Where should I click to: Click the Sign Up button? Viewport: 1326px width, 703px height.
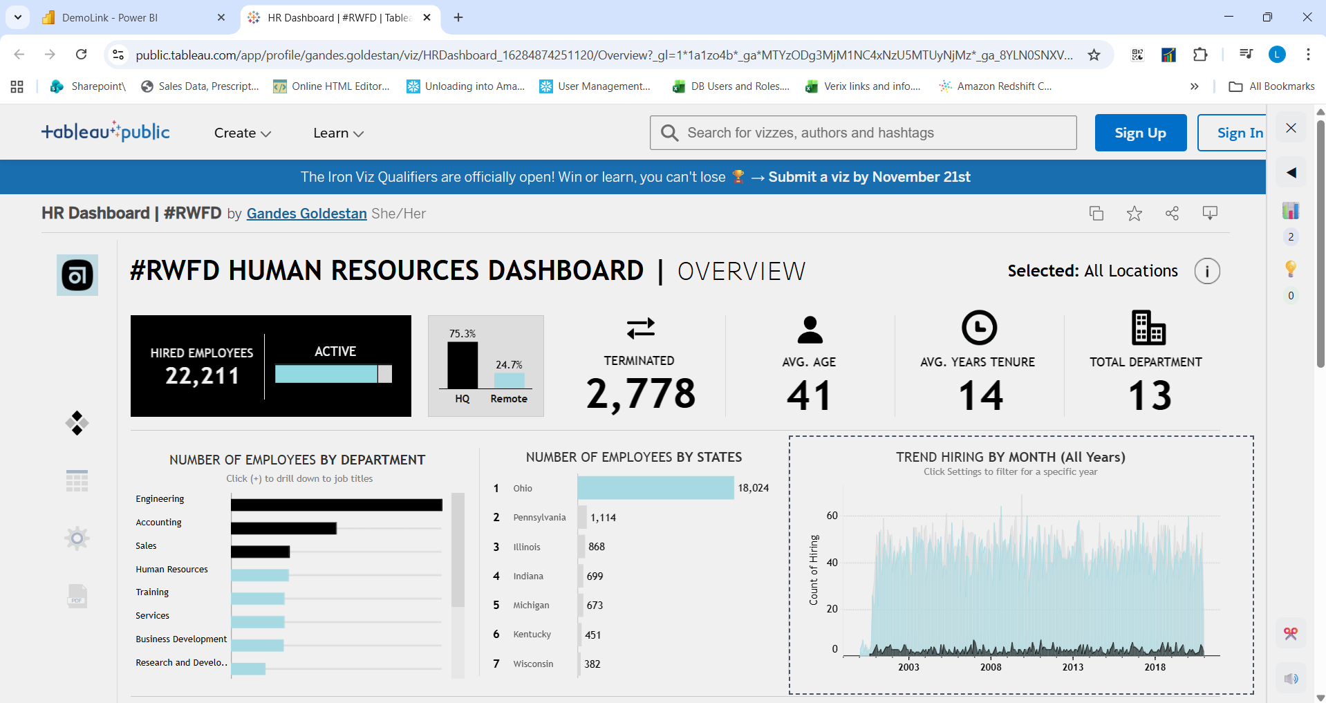point(1140,133)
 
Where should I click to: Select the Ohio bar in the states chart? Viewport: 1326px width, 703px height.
point(655,488)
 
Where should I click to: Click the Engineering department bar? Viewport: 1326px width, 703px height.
point(336,505)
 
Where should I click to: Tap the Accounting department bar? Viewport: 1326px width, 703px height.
point(283,529)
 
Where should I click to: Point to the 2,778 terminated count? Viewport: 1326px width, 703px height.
point(640,394)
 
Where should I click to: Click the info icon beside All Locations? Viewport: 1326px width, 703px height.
point(1207,271)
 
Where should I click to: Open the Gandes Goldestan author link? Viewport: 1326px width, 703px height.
point(306,214)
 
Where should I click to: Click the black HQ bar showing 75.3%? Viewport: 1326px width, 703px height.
point(463,365)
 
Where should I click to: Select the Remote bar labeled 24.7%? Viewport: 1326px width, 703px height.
point(509,380)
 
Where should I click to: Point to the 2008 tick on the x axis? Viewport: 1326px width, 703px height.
point(991,667)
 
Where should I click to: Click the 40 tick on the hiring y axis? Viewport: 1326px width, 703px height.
point(832,563)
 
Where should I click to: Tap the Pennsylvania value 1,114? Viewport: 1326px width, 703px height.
point(603,518)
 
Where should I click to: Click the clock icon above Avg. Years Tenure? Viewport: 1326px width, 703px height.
point(979,328)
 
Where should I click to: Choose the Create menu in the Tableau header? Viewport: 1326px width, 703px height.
point(242,133)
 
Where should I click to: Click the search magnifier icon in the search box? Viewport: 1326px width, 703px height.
point(669,133)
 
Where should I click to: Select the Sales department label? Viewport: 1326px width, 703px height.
point(146,546)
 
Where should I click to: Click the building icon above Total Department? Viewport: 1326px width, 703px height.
point(1148,328)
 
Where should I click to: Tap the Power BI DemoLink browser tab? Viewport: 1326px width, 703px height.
point(111,18)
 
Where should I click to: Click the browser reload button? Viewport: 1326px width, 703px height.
point(82,55)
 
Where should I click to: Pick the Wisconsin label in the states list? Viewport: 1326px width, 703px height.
point(533,664)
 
